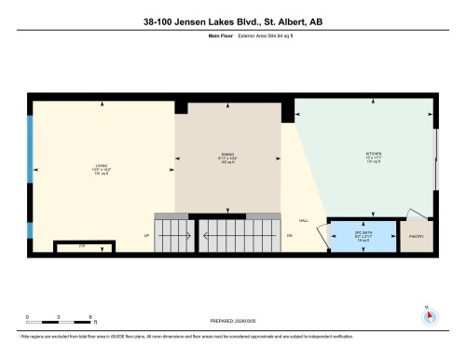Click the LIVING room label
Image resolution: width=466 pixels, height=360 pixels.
click(101, 169)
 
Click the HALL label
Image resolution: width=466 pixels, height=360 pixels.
click(303, 221)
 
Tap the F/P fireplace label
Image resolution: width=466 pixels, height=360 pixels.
click(82, 247)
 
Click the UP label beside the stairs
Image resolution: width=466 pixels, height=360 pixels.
click(146, 235)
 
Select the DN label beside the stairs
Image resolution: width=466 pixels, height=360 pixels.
click(289, 235)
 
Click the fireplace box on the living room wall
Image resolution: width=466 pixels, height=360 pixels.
click(82, 248)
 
